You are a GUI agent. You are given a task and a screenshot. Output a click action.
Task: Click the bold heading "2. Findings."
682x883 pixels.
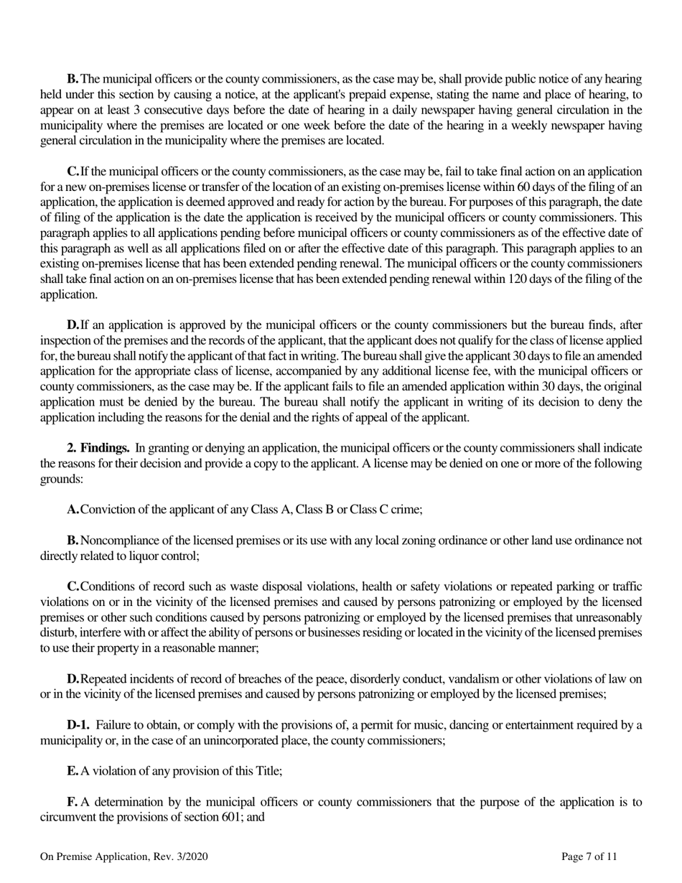click(x=98, y=448)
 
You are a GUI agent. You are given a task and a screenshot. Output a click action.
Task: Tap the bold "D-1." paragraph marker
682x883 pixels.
click(x=78, y=724)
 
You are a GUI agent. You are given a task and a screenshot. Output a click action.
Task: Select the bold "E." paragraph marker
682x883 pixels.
click(x=73, y=770)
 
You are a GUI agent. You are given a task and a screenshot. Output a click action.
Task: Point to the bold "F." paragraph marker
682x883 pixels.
click(x=73, y=801)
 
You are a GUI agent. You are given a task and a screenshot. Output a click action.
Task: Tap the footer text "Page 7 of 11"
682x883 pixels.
click(x=589, y=856)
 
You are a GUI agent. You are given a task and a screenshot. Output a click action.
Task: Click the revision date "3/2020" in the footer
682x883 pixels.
click(x=192, y=856)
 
